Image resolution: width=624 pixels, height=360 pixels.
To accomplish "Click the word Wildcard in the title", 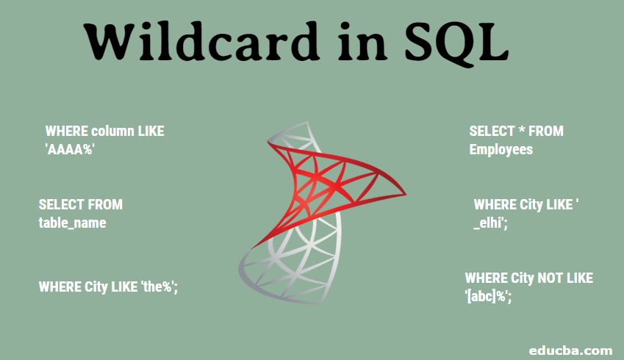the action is coord(201,41).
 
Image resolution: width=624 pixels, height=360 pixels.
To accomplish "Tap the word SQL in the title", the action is coord(456,44).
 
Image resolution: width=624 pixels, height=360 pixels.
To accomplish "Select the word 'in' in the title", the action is coord(362,42).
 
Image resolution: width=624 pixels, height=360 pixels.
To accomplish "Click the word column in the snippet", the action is coord(112,132).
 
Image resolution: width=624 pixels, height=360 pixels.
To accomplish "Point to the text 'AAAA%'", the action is coord(70,150).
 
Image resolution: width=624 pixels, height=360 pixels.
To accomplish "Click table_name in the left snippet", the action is coord(73,223).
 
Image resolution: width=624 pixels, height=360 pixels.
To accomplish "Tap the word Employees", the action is coord(501,150).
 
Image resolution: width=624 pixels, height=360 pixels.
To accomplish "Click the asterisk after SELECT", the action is coord(522,130).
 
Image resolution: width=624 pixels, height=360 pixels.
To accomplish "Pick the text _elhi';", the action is coord(491,223).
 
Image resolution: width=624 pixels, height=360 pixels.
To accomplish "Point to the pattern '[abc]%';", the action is coord(488,296).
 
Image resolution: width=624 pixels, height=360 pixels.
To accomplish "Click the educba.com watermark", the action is coord(570,350).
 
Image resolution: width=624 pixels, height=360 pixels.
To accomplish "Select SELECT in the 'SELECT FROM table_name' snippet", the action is coord(61,204).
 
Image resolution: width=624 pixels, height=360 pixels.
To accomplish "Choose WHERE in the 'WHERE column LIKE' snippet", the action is coord(67,132).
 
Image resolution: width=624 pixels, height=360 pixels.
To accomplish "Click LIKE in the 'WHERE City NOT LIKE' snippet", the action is coord(579,278).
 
